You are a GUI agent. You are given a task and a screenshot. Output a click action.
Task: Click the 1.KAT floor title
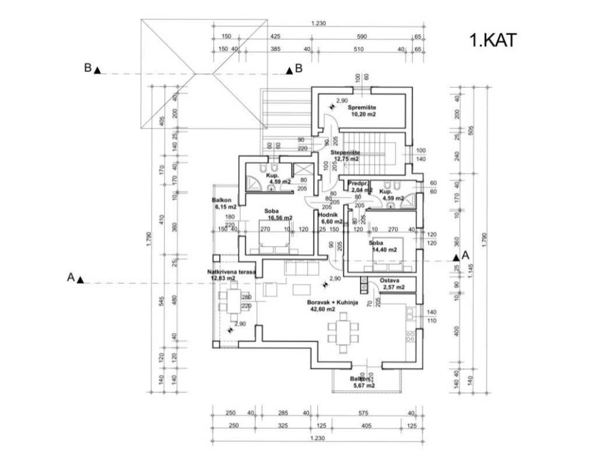click(x=493, y=40)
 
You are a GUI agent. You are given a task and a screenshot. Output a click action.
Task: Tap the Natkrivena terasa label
click(x=231, y=272)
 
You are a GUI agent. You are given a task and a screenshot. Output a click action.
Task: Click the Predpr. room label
click(x=359, y=183)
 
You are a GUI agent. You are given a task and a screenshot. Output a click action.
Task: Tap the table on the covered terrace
click(x=231, y=300)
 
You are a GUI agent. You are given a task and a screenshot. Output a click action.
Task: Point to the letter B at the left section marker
click(x=88, y=68)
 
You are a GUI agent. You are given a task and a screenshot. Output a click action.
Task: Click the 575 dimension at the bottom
click(x=363, y=412)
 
